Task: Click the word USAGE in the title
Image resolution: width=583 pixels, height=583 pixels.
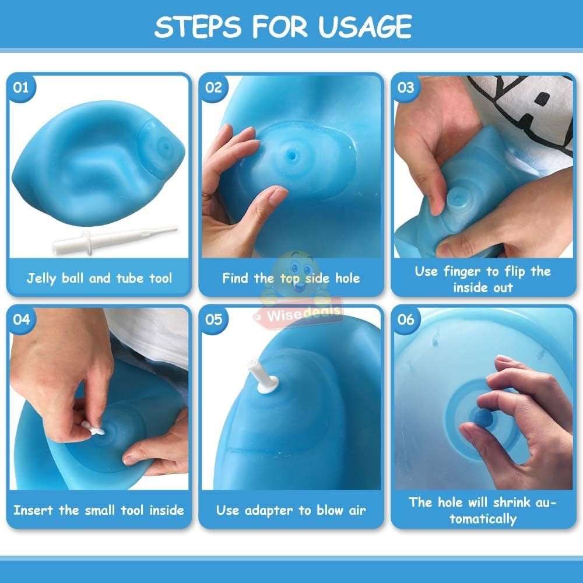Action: [x=365, y=27]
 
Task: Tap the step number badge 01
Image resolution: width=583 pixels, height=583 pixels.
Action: [x=21, y=88]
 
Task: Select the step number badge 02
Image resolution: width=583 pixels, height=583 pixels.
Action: [x=213, y=88]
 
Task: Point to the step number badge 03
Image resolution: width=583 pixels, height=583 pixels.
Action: [x=406, y=88]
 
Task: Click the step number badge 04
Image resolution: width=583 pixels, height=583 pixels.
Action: [x=21, y=319]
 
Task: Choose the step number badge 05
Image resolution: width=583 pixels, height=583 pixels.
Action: [x=213, y=319]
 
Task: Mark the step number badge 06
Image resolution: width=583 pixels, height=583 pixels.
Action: [x=406, y=319]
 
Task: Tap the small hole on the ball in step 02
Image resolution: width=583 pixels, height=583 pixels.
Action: [x=292, y=154]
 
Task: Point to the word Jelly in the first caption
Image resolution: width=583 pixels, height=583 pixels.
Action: [x=41, y=279]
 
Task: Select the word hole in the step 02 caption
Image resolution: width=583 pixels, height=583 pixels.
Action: [x=347, y=278]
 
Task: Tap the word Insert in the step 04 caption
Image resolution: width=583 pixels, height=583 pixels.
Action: [x=33, y=510]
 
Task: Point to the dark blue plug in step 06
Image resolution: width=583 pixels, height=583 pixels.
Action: [x=483, y=419]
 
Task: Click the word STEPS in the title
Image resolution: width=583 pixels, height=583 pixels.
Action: [x=198, y=27]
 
